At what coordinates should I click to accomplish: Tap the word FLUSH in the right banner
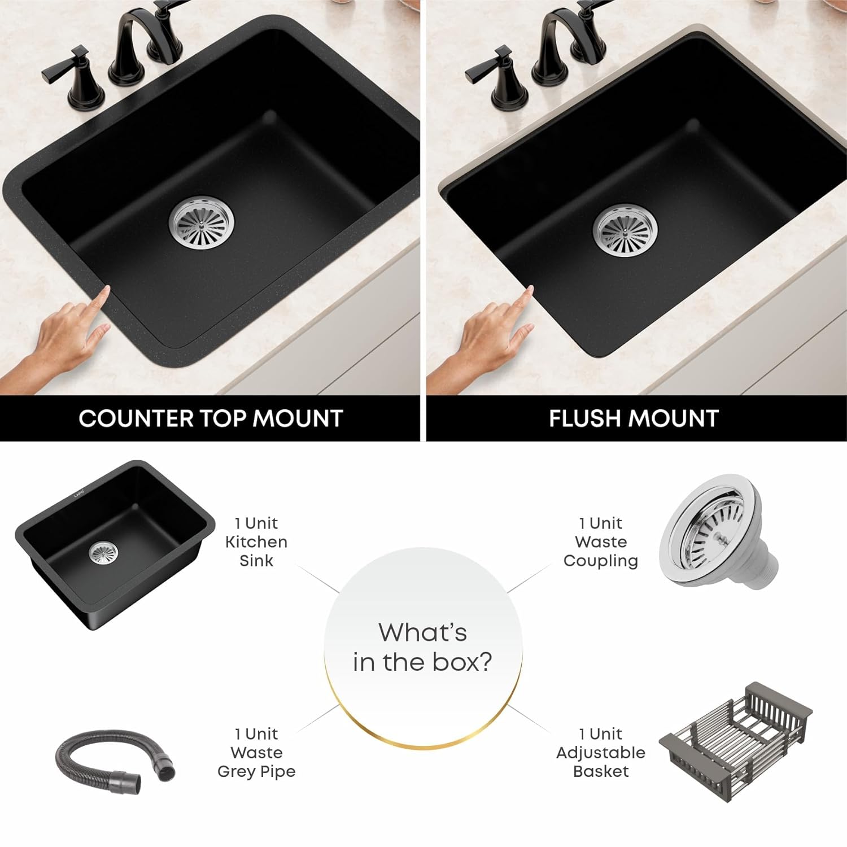[x=586, y=418]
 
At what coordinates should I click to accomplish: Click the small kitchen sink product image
[x=115, y=545]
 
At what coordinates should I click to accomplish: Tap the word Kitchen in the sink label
[x=256, y=542]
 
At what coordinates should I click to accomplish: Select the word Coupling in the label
[x=601, y=561]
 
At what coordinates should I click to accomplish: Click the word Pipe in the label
[x=277, y=772]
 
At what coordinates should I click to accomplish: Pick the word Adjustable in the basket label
[x=601, y=753]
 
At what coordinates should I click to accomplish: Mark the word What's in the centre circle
[x=423, y=632]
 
